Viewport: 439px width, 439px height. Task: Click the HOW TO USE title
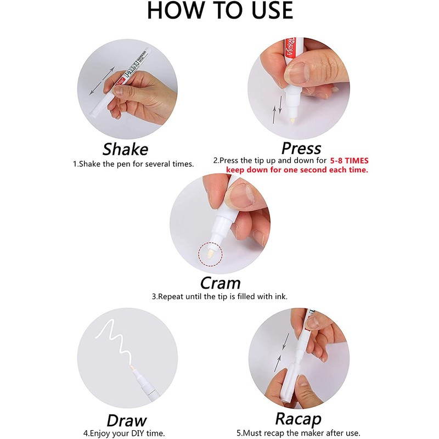point(220,10)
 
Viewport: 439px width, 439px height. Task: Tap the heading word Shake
point(125,149)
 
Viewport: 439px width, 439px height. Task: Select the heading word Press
point(301,148)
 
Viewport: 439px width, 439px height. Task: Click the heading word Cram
point(221,283)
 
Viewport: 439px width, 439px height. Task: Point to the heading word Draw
point(127,420)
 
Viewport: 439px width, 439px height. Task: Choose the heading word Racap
point(298,419)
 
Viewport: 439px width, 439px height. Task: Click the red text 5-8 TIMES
point(349,161)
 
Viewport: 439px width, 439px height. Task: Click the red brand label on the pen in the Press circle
point(290,48)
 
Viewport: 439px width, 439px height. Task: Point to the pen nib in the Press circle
point(292,120)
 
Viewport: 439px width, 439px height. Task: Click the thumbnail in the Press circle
point(297,72)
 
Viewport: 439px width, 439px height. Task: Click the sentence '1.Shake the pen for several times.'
point(133,164)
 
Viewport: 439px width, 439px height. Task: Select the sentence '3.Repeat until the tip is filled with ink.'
point(220,296)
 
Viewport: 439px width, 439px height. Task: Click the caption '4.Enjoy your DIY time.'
point(124,434)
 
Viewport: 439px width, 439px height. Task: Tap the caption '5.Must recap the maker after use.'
point(298,433)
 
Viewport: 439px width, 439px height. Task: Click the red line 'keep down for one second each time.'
point(297,170)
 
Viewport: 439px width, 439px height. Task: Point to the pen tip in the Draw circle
point(132,368)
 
